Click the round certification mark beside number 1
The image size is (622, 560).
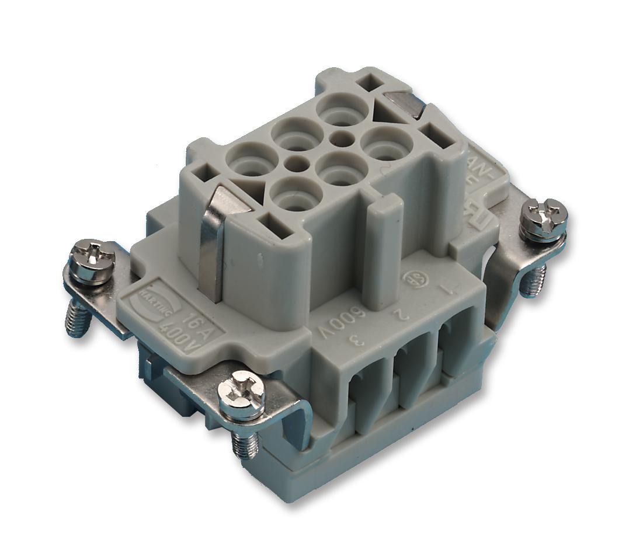416,276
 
